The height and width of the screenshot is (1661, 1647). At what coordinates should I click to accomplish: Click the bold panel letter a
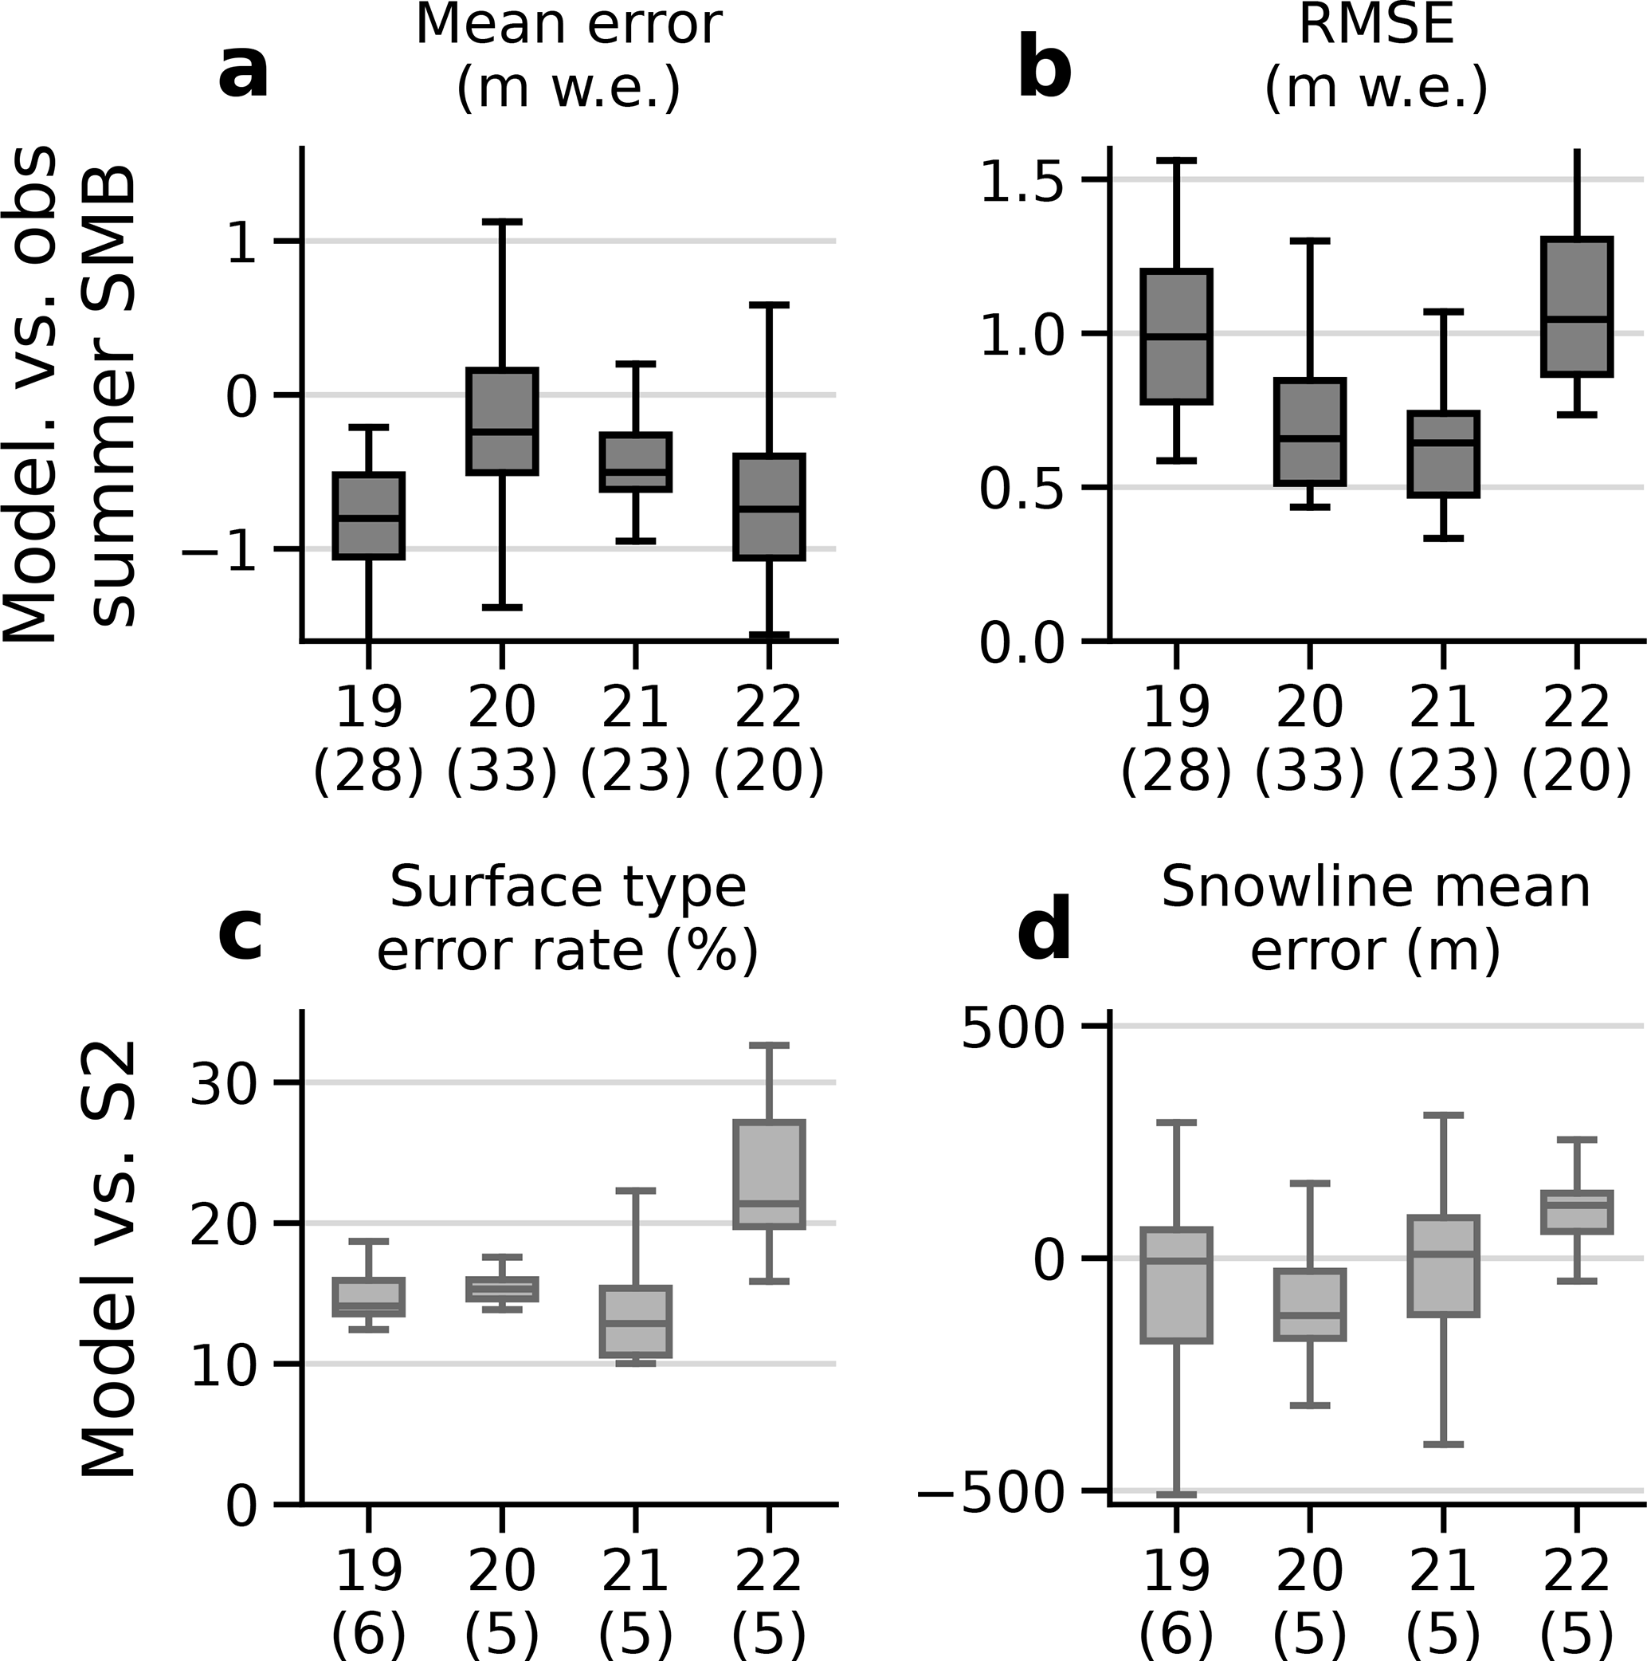click(243, 73)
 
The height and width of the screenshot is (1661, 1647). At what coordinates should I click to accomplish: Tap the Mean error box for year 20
click(502, 420)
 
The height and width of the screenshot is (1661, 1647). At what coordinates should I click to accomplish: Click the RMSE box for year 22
click(1577, 306)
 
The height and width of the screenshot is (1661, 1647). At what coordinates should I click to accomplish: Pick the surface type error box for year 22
click(770, 1174)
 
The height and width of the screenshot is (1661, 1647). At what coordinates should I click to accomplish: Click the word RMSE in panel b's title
click(1375, 26)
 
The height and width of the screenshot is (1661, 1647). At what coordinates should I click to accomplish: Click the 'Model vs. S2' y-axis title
click(110, 1259)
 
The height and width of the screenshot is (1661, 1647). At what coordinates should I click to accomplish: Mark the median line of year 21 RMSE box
click(1442, 443)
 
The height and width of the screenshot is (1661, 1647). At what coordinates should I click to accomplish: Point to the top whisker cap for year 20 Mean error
click(502, 222)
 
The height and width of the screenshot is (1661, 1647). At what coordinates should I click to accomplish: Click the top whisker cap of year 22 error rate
click(770, 1046)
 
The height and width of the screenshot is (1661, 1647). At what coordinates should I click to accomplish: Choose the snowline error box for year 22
click(1577, 1212)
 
